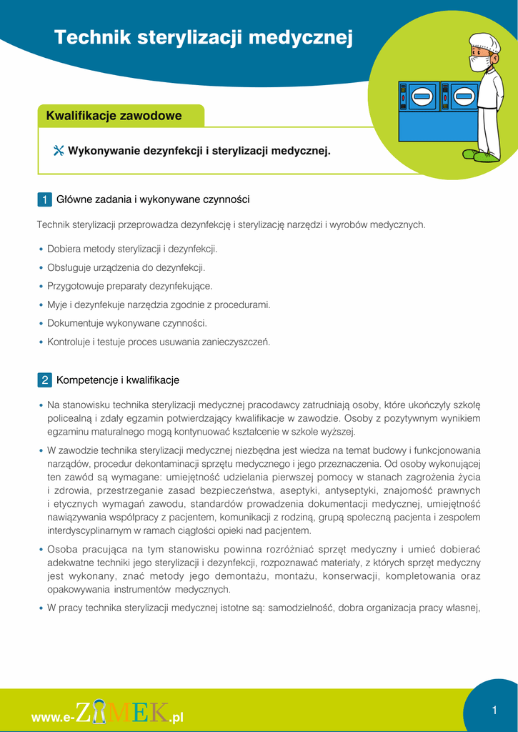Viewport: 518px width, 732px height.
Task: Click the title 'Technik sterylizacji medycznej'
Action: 204,38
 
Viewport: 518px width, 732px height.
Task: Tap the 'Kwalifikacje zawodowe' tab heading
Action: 114,116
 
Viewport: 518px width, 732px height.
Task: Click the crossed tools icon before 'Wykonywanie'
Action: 59,151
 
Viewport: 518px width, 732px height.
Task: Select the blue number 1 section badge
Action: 44,199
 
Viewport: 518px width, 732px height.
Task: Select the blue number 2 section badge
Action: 44,380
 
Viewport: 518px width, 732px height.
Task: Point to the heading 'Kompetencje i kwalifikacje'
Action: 118,380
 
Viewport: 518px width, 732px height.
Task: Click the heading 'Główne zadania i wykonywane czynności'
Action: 153,199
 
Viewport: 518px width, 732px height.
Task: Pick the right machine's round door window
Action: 464,95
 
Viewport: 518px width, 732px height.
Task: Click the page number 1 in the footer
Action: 494,710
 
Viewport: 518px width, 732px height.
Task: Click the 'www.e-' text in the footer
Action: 53,717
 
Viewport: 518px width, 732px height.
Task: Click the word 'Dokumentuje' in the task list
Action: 74,323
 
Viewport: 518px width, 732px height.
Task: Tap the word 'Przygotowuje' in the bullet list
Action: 75,286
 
